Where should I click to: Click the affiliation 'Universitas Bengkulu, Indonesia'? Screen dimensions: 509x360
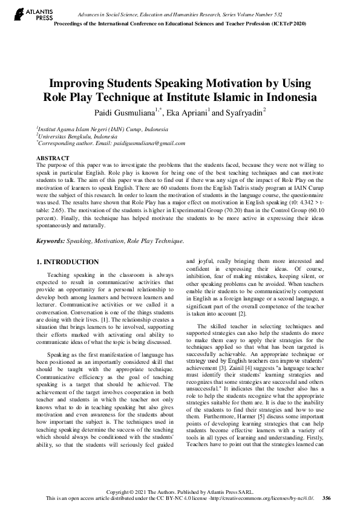click(x=74, y=136)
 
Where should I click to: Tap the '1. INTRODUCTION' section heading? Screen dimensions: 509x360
click(x=68, y=262)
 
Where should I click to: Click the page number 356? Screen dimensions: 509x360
click(x=327, y=498)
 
